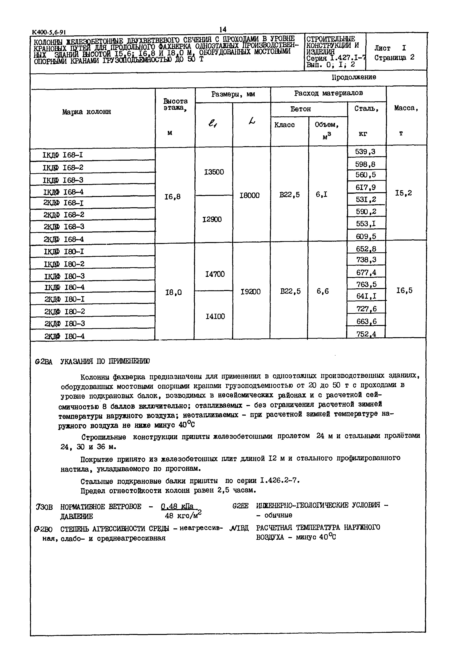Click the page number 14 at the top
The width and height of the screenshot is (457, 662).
point(223,29)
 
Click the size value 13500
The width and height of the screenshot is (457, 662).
point(214,172)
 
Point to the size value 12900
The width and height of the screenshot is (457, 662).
point(212,219)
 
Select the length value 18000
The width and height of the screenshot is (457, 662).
point(249,195)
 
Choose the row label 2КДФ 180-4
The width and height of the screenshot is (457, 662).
point(64,336)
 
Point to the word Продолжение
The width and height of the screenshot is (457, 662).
point(354,77)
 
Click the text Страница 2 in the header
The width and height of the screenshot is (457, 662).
point(394,57)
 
